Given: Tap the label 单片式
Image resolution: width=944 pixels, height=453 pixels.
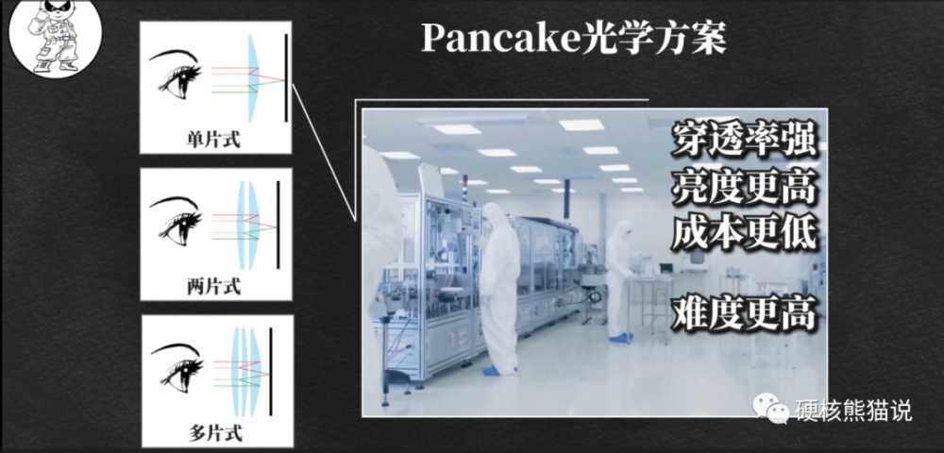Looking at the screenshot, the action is (213, 141).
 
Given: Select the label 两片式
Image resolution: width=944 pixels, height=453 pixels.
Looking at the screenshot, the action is (213, 287).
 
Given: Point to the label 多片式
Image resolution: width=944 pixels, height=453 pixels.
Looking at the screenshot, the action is (215, 433).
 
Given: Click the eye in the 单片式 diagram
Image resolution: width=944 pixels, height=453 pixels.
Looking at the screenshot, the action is (176, 74).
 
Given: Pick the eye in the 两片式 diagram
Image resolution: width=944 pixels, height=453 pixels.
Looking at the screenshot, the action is (176, 221).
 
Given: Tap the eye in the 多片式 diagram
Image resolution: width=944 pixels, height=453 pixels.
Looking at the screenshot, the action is (177, 368).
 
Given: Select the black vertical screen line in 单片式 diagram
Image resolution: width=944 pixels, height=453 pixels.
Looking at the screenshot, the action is (286, 77).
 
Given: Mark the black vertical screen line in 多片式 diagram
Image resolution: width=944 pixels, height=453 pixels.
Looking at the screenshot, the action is (271, 371).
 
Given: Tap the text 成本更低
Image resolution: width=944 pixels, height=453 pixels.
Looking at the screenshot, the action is (744, 234).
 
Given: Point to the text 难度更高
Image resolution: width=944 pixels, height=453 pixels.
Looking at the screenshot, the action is (744, 313).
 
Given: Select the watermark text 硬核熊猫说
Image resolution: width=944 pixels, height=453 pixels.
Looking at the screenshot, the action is (853, 411).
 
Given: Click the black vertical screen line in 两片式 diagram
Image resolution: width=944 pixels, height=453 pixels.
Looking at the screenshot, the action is (278, 225).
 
